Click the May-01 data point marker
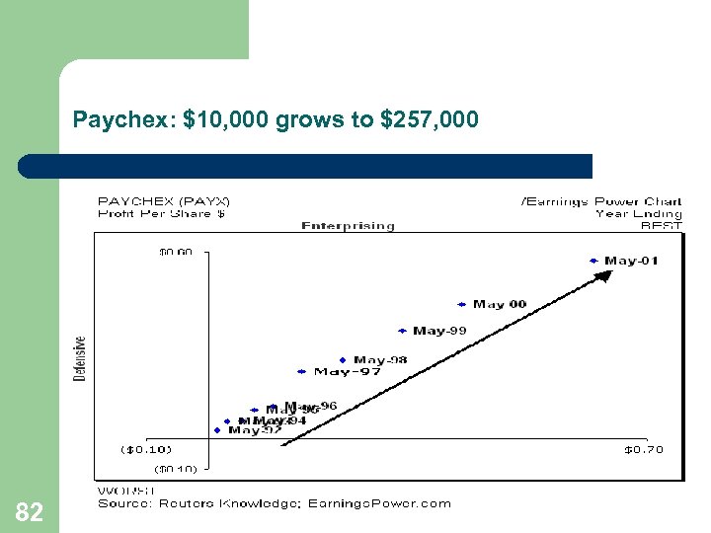(x=593, y=261)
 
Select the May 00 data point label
(x=500, y=304)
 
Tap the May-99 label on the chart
(x=439, y=331)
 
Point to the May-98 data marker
(x=343, y=360)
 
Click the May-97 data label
(x=348, y=372)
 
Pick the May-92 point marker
(x=218, y=429)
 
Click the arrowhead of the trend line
(x=604, y=275)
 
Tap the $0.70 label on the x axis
(x=644, y=450)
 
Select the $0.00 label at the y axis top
(x=177, y=252)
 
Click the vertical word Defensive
(x=80, y=358)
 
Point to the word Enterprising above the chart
(x=348, y=225)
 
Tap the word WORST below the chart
(x=125, y=491)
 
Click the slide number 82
(x=30, y=511)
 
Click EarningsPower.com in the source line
(x=380, y=503)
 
